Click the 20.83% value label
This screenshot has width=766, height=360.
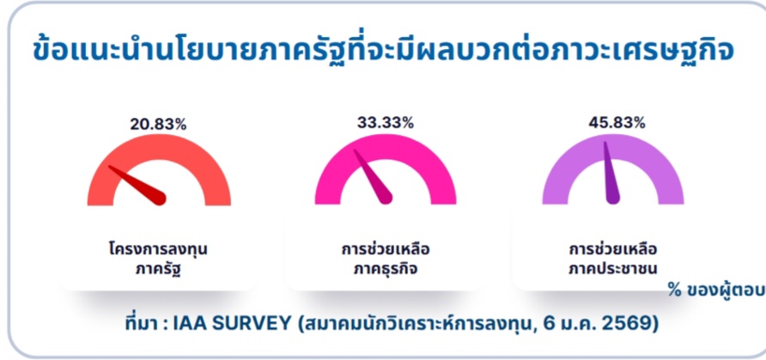(x=158, y=124)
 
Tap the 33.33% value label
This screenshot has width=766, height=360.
(x=386, y=123)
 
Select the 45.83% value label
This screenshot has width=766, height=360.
(x=617, y=123)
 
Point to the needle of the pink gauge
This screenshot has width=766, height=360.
(x=373, y=176)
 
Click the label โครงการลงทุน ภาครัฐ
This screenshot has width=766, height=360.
(x=158, y=259)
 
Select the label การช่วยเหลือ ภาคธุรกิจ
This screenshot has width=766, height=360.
(x=386, y=259)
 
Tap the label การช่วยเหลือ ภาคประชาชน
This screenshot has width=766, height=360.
(x=613, y=259)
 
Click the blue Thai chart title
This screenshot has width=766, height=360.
(x=384, y=52)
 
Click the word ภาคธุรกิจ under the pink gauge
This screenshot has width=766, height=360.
(x=386, y=269)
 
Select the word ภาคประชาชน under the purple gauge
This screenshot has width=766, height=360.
(x=613, y=269)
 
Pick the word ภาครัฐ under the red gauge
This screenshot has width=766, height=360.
(x=158, y=269)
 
